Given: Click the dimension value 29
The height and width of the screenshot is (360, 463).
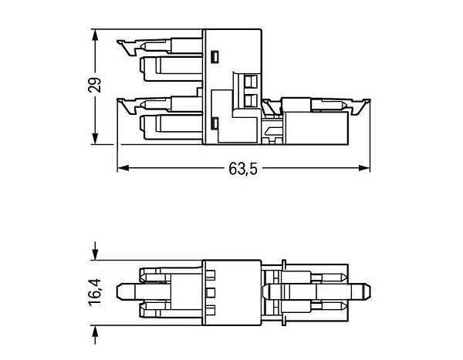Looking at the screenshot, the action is (94, 85).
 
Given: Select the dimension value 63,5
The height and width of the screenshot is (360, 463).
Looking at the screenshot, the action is (243, 169).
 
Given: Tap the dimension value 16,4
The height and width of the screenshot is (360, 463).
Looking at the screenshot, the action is (95, 292).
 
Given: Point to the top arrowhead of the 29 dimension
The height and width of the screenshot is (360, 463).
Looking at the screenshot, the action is (95, 35).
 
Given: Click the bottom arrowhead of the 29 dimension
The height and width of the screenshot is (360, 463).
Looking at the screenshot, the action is (95, 139).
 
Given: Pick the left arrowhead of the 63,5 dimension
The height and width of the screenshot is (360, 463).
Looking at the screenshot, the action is (123, 168).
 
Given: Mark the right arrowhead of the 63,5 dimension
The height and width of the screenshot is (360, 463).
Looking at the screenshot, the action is (364, 168).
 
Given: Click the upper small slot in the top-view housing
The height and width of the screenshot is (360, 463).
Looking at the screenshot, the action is (215, 57).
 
